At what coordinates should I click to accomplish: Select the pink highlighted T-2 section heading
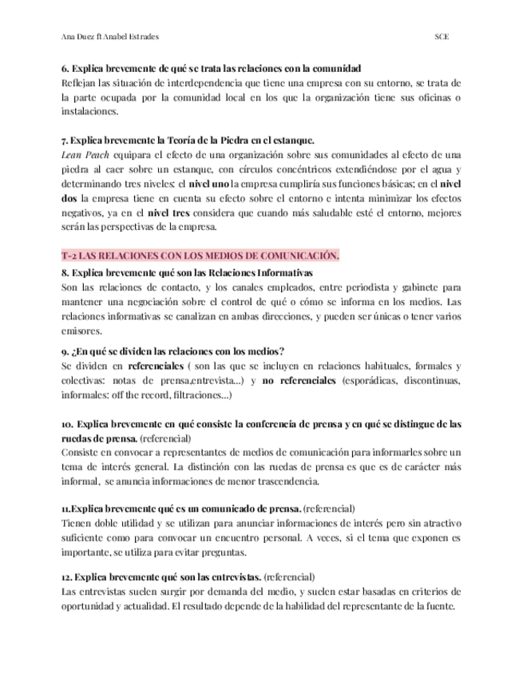pyautogui.click(x=200, y=255)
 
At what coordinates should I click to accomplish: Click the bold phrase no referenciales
pyautogui.click(x=299, y=381)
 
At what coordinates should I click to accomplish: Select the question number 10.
pyautogui.click(x=67, y=424)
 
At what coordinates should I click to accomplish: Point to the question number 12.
pyautogui.click(x=67, y=576)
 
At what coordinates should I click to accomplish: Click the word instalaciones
pyautogui.click(x=89, y=112)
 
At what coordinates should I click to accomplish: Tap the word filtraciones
pyautogui.click(x=204, y=395)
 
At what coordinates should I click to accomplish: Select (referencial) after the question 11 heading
pyautogui.click(x=330, y=509)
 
